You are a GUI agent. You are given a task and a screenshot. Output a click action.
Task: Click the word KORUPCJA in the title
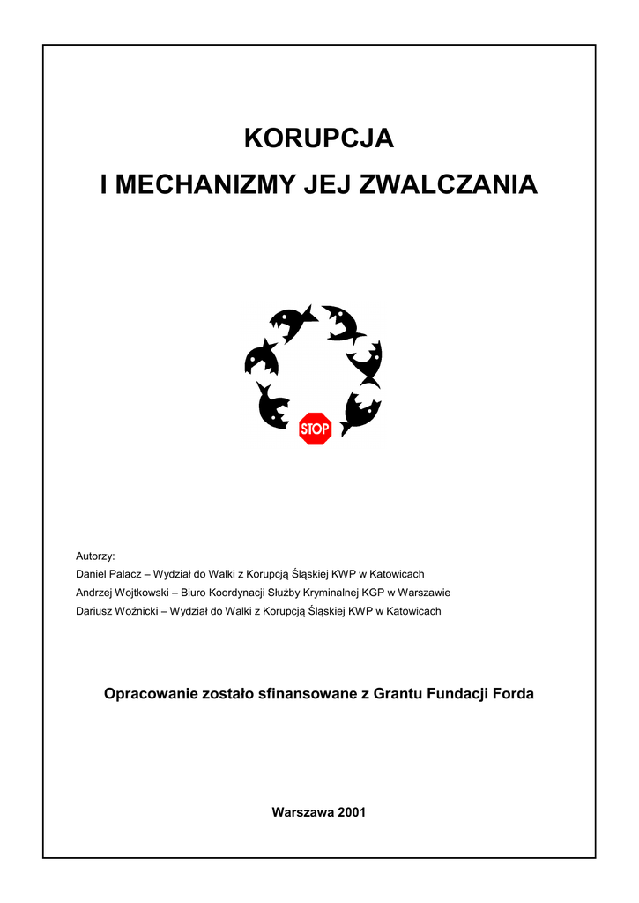[318, 139]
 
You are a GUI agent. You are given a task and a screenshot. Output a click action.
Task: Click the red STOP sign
[315, 429]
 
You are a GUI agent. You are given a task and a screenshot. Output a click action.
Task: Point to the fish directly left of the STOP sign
[274, 406]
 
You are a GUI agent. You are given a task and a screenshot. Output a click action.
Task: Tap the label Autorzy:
[96, 556]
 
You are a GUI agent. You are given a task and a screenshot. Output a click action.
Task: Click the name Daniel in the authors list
[93, 574]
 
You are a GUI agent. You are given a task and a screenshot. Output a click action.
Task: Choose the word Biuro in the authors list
[195, 593]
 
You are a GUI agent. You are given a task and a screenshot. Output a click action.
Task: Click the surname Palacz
[129, 574]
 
